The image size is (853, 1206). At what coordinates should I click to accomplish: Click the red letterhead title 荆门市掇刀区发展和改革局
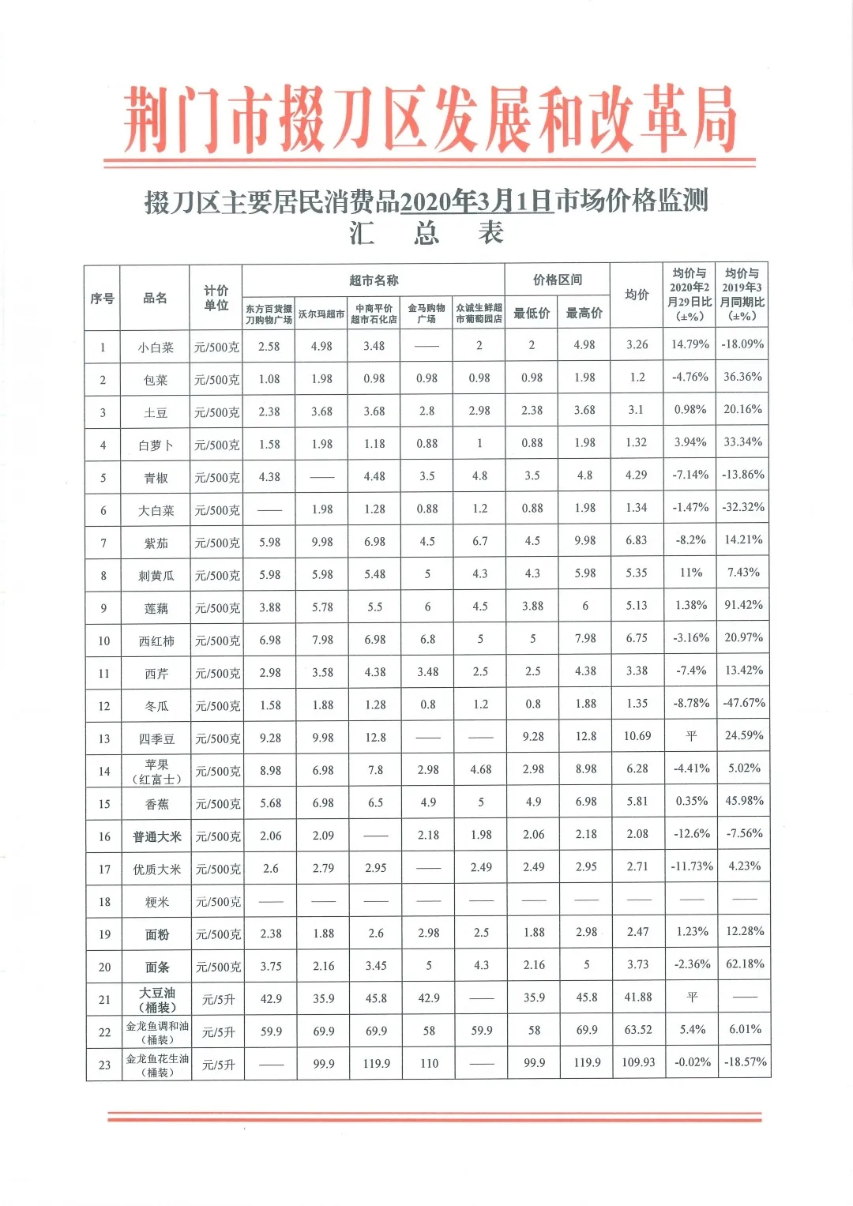pyautogui.click(x=430, y=120)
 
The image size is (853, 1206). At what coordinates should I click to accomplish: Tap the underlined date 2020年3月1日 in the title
pyautogui.click(x=476, y=201)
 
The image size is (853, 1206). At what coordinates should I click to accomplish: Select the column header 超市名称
pyautogui.click(x=374, y=280)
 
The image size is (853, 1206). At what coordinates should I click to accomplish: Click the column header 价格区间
pyautogui.click(x=558, y=280)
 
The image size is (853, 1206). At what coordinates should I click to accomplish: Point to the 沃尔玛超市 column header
pyautogui.click(x=321, y=314)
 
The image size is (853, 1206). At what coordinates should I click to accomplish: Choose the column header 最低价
pyautogui.click(x=532, y=314)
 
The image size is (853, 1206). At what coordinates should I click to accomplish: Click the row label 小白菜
pyautogui.click(x=156, y=348)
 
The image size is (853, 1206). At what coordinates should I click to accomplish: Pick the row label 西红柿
pyautogui.click(x=156, y=641)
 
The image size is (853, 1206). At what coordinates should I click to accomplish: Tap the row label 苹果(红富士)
pyautogui.click(x=156, y=772)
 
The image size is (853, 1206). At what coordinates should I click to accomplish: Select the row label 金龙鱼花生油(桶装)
pyautogui.click(x=157, y=1065)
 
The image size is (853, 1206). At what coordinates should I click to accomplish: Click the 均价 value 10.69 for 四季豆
pyautogui.click(x=637, y=736)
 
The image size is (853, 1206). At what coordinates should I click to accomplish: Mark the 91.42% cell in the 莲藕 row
pyautogui.click(x=743, y=605)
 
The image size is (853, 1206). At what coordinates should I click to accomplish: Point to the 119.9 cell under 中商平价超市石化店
pyautogui.click(x=376, y=1063)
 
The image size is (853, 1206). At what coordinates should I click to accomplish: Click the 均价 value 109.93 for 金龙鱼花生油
pyautogui.click(x=638, y=1062)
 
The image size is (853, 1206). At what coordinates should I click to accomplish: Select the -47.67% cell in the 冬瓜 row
pyautogui.click(x=743, y=703)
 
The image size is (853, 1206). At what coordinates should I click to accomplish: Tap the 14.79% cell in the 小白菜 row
pyautogui.click(x=690, y=344)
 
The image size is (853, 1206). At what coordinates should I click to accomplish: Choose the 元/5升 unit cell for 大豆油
pyautogui.click(x=218, y=999)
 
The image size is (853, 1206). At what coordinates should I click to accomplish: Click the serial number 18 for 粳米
pyautogui.click(x=104, y=902)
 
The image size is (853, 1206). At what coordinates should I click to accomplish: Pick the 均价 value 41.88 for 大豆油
pyautogui.click(x=638, y=997)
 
